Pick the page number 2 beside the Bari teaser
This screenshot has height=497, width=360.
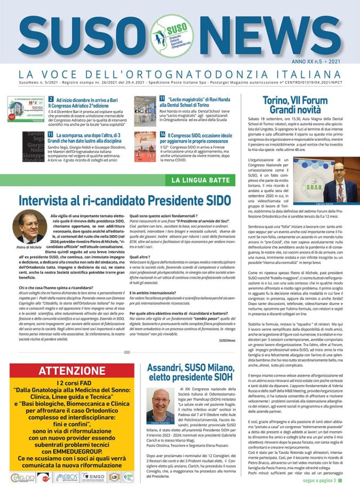click(x=51, y=99)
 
